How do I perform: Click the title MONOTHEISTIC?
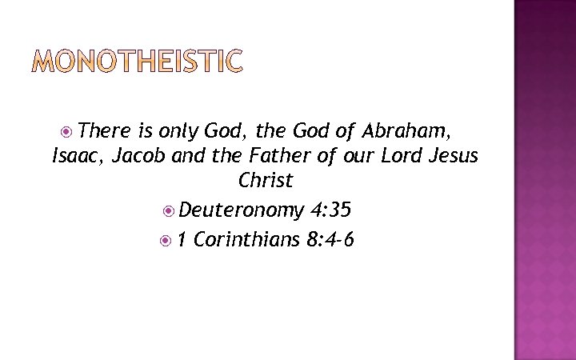click(x=136, y=62)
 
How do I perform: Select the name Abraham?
click(x=407, y=130)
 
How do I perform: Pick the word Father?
click(x=243, y=155)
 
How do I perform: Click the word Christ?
click(x=266, y=181)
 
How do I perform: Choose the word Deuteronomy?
click(x=241, y=210)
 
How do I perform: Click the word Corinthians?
click(x=246, y=238)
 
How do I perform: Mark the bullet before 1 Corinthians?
click(x=166, y=239)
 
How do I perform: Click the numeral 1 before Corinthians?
click(x=182, y=238)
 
